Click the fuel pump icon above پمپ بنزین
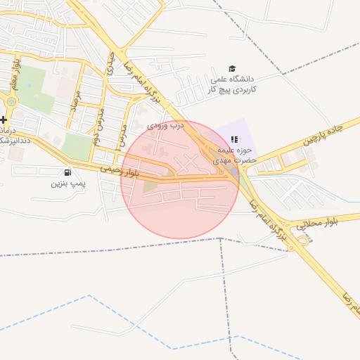(67, 172)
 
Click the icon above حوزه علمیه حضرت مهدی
(234, 139)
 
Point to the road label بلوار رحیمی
(120, 170)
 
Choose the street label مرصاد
(77, 102)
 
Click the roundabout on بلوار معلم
(11, 102)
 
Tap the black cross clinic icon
(4, 120)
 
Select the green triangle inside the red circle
(150, 186)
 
